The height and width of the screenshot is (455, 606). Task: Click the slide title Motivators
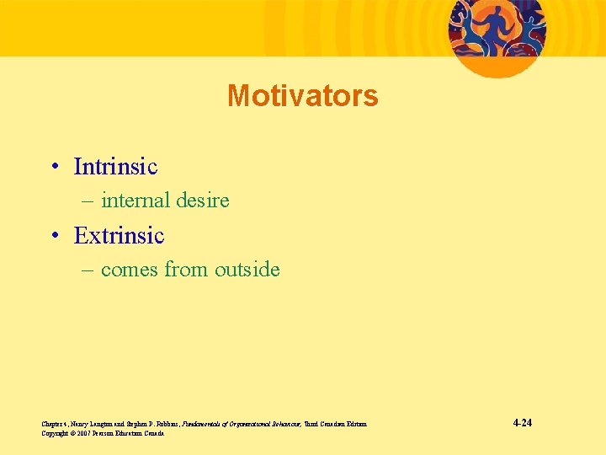302,96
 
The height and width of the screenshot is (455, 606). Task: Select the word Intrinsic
115,167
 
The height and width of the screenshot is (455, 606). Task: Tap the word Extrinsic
119,236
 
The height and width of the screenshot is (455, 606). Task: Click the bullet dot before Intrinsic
54,168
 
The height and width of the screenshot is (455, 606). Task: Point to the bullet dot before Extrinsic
54,237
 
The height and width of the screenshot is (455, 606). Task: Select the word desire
203,201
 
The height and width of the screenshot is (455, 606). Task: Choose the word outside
247,270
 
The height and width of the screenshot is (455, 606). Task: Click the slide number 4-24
522,423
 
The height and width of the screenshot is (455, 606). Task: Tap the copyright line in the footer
102,433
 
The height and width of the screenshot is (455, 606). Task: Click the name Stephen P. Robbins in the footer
147,424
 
